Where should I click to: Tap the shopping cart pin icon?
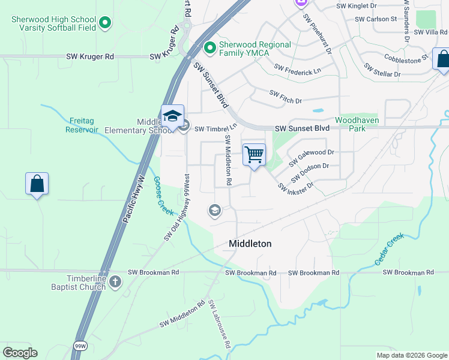coord(254,155)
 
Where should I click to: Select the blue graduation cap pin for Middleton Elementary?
coord(172,116)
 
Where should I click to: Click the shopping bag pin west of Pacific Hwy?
coord(37,184)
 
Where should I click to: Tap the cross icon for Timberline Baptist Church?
coord(115,281)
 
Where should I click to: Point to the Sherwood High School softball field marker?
coord(106,23)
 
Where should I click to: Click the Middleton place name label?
coord(250,244)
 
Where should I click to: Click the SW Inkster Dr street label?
coord(296,188)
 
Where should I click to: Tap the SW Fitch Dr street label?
coord(285,97)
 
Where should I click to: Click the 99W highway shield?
coord(79,346)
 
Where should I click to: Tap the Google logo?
coord(20,352)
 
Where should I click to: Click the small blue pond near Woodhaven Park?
coord(318,111)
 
